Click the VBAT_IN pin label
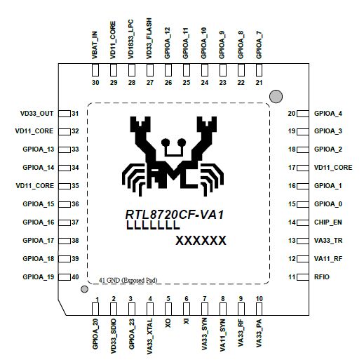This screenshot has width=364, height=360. [95, 44]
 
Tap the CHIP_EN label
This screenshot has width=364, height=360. [328, 222]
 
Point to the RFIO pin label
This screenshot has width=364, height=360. [322, 277]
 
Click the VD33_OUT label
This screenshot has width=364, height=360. [36, 113]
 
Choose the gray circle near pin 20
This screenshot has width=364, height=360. [275, 95]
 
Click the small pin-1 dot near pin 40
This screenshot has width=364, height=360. [84, 288]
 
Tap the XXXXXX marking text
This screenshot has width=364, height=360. [200, 241]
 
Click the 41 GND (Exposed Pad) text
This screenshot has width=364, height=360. [128, 280]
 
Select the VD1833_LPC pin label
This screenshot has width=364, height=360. [131, 39]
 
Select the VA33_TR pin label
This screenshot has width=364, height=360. [328, 241]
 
